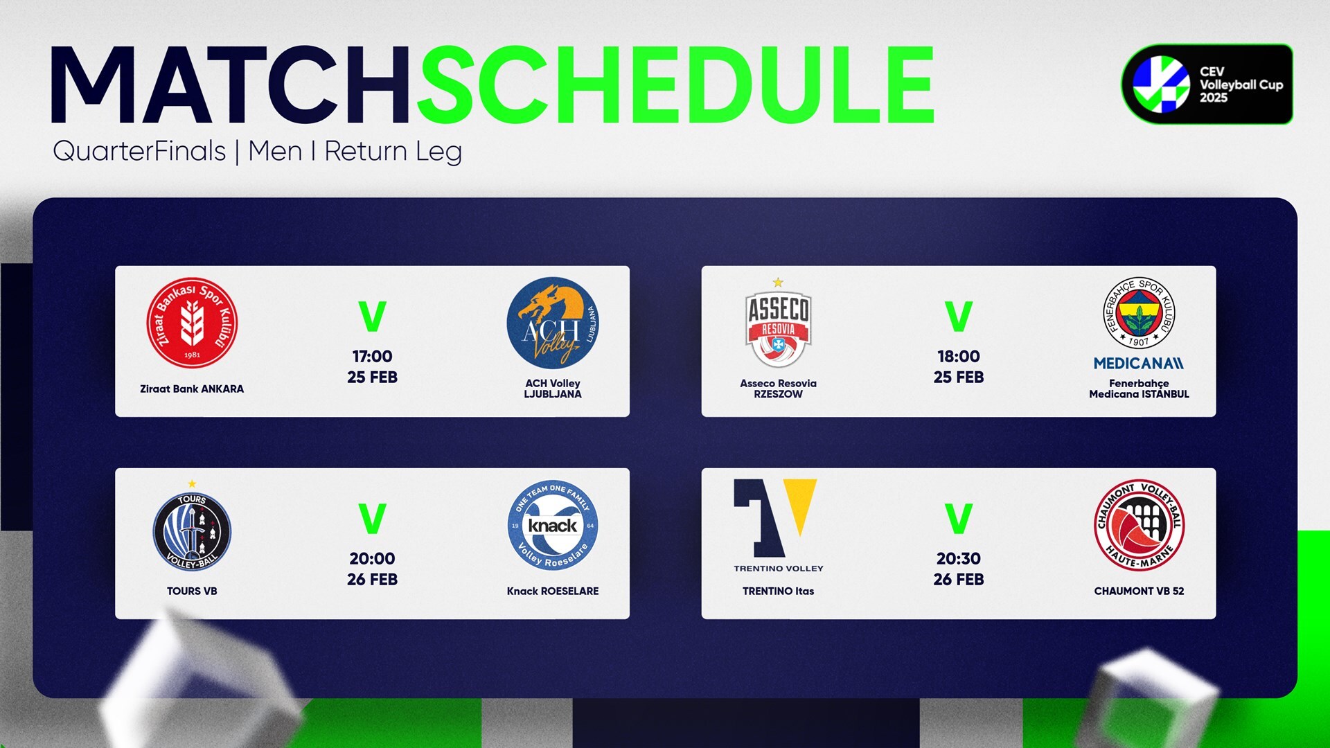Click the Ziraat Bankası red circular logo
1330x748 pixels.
[192, 323]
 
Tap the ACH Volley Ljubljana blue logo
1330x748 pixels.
[552, 323]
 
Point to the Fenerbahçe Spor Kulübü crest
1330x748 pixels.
[1139, 313]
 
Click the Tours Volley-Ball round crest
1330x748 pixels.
[192, 531]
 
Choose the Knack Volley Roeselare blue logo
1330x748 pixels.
[552, 525]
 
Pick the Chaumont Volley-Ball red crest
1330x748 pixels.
[1139, 525]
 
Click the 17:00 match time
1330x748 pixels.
[372, 357]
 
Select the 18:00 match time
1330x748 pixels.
[959, 357]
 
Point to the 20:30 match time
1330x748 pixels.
[959, 559]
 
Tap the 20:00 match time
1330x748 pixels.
[372, 559]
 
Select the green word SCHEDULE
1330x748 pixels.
[675, 86]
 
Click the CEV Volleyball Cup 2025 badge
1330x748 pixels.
[1207, 84]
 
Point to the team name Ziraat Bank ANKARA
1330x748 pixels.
[192, 389]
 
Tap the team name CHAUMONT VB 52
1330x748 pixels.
[1139, 591]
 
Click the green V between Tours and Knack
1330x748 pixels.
[372, 519]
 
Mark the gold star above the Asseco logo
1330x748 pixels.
[778, 283]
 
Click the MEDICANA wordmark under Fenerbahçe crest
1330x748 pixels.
[1139, 363]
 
